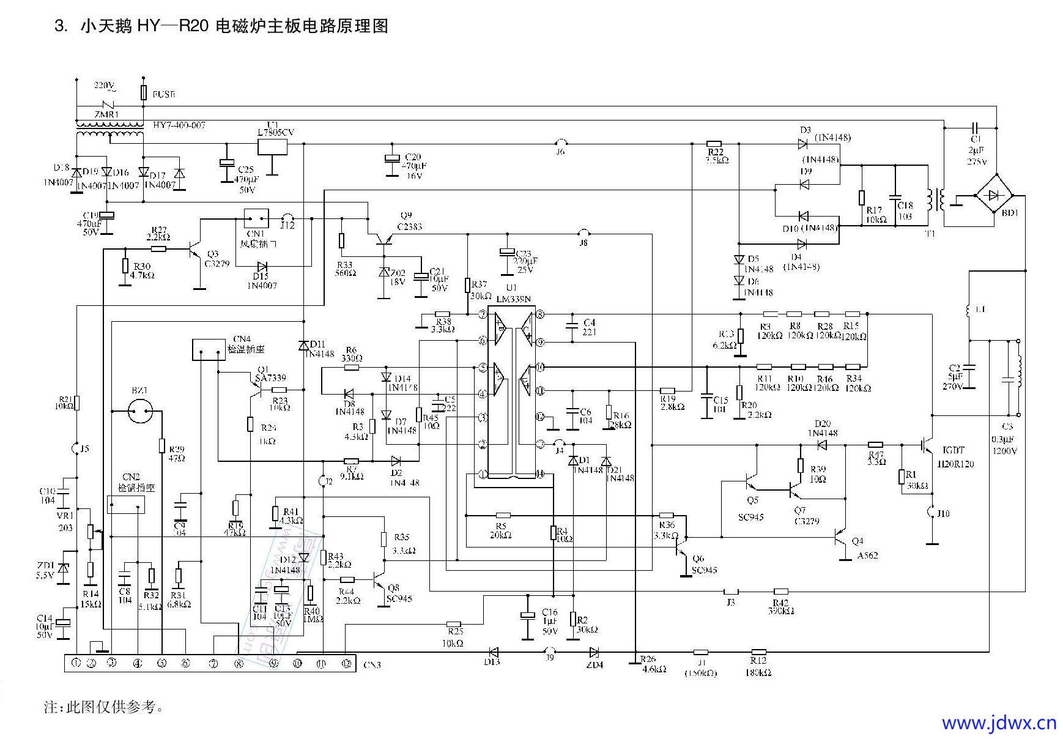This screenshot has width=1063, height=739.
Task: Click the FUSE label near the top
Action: (x=163, y=95)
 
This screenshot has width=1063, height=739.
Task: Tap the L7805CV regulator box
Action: (x=272, y=146)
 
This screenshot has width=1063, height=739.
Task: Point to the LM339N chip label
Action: (x=514, y=299)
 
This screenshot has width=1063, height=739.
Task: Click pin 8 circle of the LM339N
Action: (x=540, y=314)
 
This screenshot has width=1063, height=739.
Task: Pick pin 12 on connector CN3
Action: (x=346, y=663)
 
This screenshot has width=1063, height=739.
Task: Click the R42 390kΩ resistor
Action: (x=780, y=592)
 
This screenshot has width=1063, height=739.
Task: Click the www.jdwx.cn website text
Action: (x=998, y=722)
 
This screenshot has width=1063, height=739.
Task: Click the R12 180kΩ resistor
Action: (x=758, y=652)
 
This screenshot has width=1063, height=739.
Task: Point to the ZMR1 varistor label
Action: (x=106, y=114)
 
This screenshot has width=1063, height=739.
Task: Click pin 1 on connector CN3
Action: (x=76, y=663)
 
